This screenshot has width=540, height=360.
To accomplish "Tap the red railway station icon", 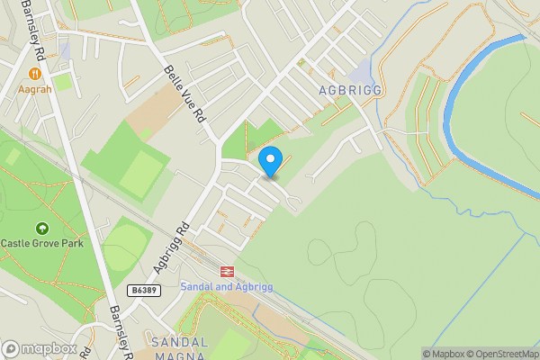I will pyautogui.click(x=226, y=270).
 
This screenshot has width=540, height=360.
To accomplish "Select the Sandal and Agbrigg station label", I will pyautogui.click(x=226, y=286).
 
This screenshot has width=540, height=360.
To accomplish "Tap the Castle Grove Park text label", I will pyautogui.click(x=41, y=243).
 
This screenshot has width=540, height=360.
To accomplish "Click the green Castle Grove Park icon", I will pyautogui.click(x=41, y=228).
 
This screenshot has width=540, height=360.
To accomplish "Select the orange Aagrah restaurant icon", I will pyautogui.click(x=35, y=74).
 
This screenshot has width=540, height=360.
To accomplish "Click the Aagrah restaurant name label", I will pyautogui.click(x=35, y=89).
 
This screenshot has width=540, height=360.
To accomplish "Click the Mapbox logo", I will pyautogui.click(x=40, y=348).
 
